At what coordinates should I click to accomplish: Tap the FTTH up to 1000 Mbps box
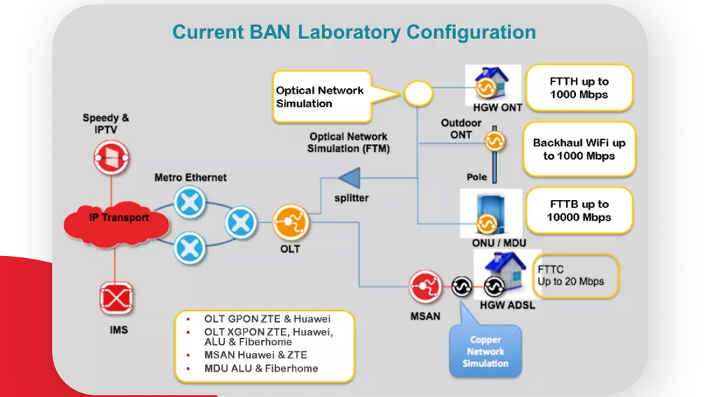click(x=580, y=88)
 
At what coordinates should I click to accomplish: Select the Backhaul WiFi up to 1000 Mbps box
click(x=579, y=149)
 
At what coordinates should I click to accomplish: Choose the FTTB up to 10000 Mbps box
click(x=578, y=210)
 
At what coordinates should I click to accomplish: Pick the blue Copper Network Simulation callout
click(x=485, y=350)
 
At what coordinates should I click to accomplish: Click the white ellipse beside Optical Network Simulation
click(x=416, y=93)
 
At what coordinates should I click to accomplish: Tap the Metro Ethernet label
click(x=190, y=177)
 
